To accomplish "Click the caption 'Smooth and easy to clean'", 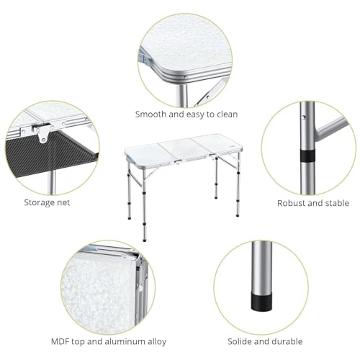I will [x=186, y=114].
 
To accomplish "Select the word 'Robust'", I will [x=292, y=203].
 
